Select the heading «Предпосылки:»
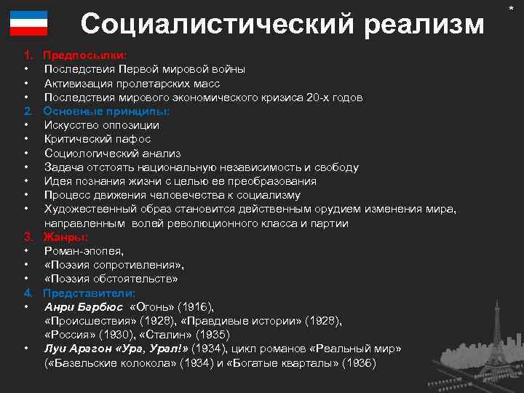coord(84,55)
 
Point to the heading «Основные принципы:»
coord(106,111)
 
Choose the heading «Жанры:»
coord(65,237)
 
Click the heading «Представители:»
coord(90,293)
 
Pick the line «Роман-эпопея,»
coord(83,251)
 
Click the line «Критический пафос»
coord(98,139)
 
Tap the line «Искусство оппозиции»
coord(102,125)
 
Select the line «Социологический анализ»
coord(112,154)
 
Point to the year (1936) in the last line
coord(360,363)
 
